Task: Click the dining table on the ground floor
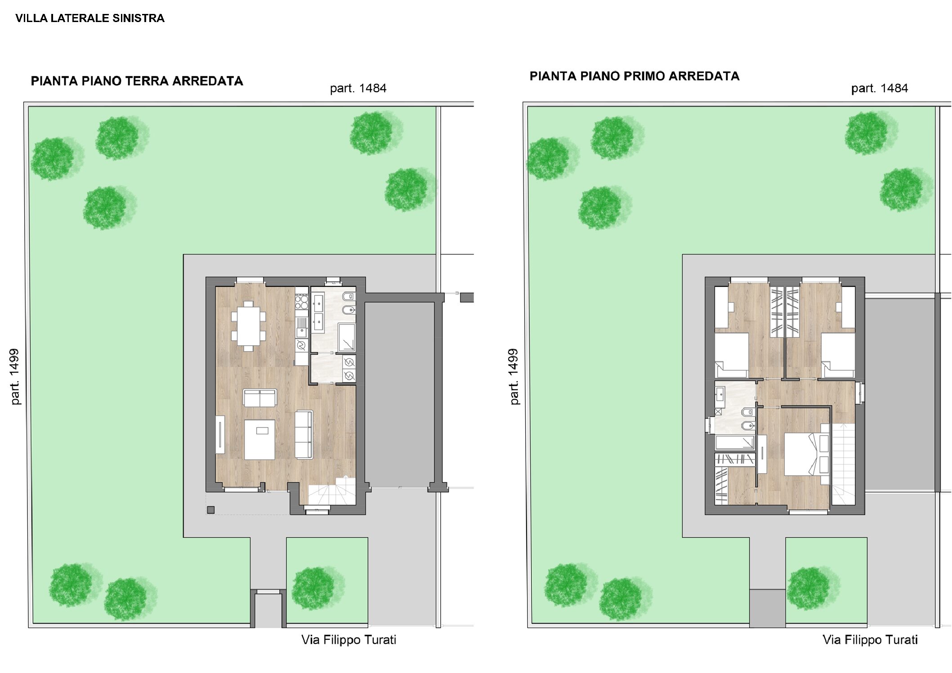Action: coord(248,325)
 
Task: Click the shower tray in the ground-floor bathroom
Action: coord(346,337)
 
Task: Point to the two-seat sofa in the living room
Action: coord(259,398)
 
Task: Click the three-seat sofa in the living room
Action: coord(304,435)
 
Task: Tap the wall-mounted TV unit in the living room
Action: coord(220,435)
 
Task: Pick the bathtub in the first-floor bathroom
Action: coord(735,442)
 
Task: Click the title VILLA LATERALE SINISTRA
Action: coord(90,18)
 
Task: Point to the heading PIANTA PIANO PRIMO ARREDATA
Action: coord(634,76)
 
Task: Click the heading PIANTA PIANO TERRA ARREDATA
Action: coord(137,81)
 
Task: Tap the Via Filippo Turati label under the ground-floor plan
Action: coord(349,640)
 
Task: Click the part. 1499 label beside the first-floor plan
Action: coord(514,377)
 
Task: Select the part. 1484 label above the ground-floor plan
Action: coord(358,88)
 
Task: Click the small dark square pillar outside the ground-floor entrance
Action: coord(210,510)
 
